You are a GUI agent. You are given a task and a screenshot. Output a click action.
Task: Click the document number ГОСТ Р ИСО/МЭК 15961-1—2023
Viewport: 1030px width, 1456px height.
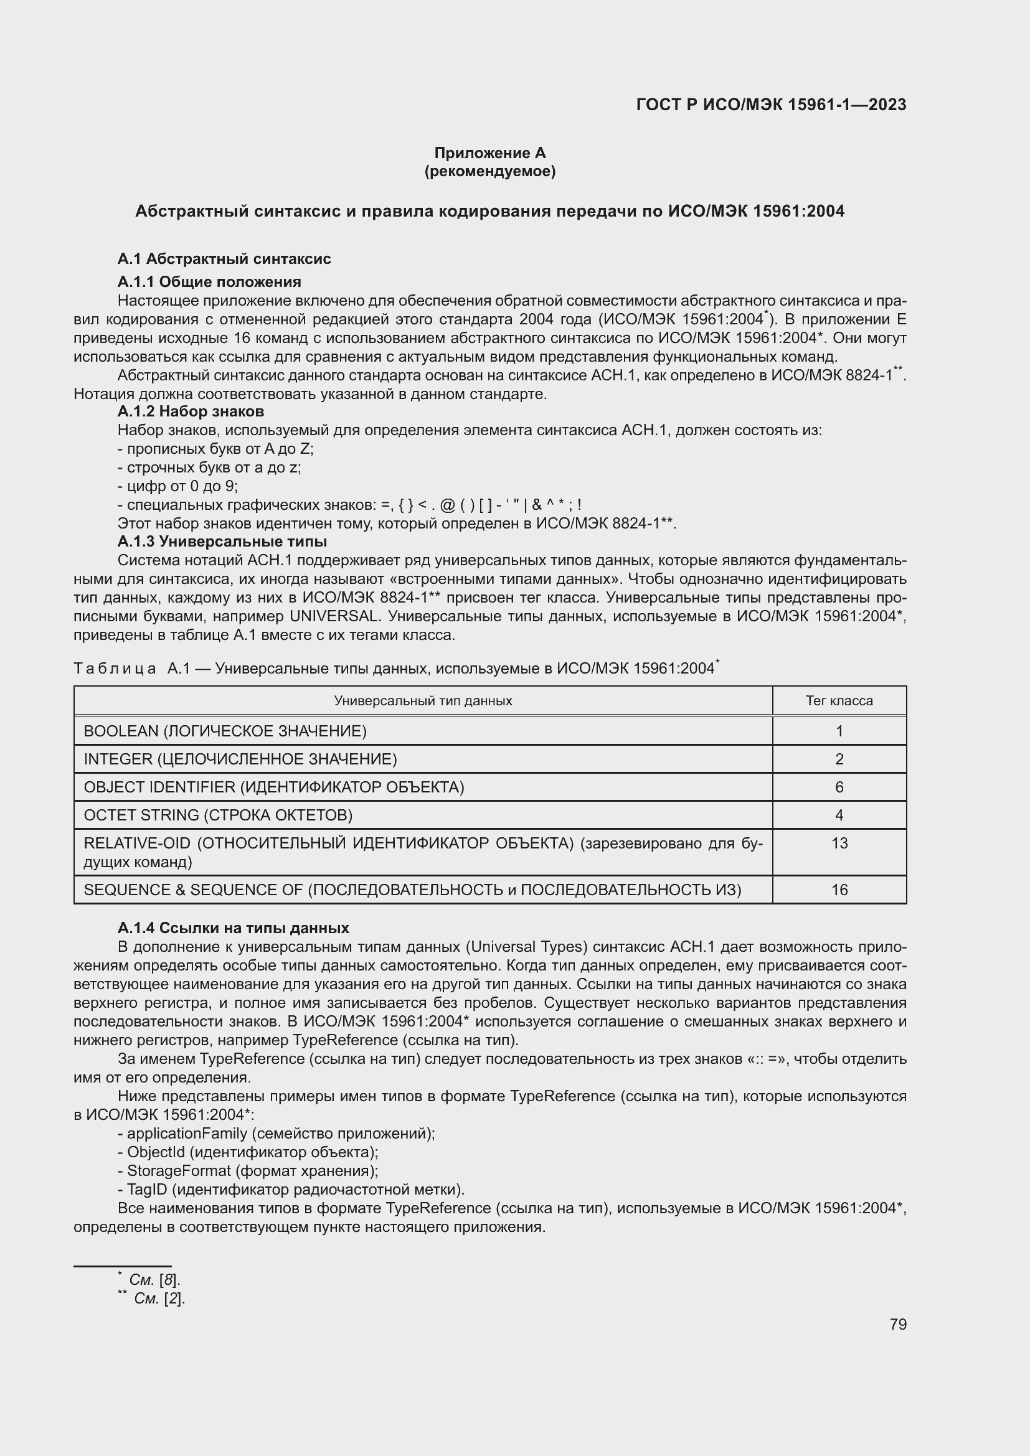[770, 105]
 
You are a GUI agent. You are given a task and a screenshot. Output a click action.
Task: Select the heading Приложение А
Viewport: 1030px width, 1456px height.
[489, 153]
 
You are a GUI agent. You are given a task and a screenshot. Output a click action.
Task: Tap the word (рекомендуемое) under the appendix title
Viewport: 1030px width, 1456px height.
[489, 171]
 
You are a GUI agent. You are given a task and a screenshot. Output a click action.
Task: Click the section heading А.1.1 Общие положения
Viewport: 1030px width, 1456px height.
[209, 281]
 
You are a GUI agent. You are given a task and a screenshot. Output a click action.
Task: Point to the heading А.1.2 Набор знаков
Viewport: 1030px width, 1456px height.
[191, 411]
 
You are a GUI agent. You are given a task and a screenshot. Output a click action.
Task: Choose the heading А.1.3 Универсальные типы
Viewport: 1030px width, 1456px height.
[222, 542]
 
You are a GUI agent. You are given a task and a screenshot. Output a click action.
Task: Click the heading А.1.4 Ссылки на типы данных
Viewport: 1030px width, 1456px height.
[234, 928]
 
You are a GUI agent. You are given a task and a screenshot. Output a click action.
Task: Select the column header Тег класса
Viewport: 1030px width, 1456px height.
[838, 701]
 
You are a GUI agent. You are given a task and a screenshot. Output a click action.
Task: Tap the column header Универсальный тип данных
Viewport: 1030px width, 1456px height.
[423, 701]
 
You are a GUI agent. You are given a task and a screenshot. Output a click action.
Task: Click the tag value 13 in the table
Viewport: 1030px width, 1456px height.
[839, 843]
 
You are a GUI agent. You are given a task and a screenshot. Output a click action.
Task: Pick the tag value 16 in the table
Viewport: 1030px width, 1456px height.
[839, 890]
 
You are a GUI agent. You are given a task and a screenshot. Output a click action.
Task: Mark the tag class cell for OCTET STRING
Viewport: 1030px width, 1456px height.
[839, 815]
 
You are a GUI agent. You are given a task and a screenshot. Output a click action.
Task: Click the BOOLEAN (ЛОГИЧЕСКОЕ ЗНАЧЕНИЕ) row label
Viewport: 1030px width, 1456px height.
[225, 731]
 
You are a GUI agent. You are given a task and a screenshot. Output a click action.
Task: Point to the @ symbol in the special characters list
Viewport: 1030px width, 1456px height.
[447, 505]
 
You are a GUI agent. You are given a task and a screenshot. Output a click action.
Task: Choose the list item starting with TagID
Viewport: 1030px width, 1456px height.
[146, 1189]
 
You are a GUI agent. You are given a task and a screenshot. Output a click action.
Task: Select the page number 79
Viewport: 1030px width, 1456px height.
[897, 1324]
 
